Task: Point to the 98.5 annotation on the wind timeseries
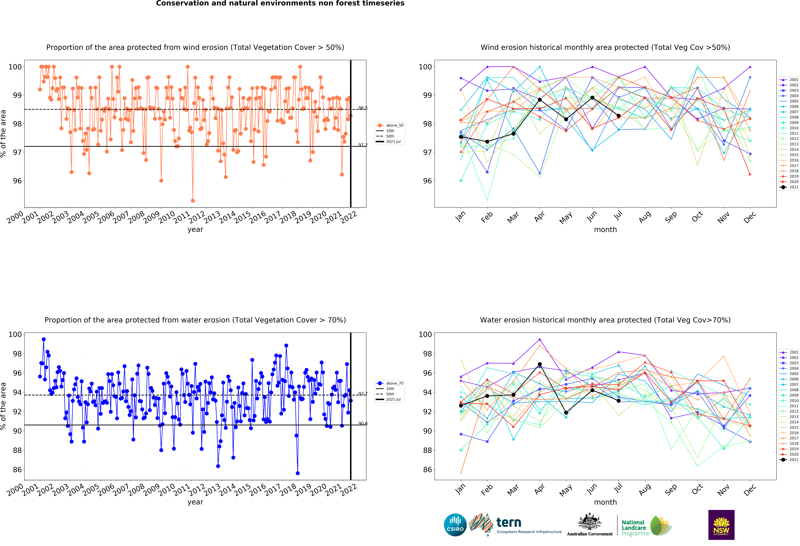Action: point(363,108)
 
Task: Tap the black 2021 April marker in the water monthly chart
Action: point(540,364)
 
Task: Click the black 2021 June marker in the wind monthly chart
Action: point(592,98)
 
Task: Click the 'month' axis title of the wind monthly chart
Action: point(605,230)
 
